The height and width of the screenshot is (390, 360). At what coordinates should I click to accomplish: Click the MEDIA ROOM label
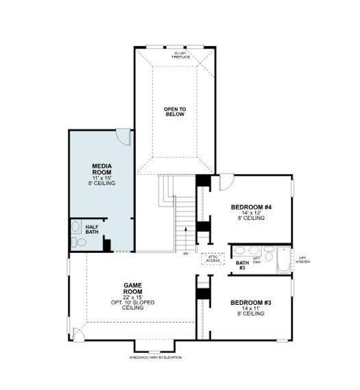(x=102, y=170)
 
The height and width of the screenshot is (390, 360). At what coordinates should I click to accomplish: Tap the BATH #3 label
(x=241, y=265)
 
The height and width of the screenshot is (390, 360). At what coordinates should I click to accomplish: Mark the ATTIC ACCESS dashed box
(x=213, y=258)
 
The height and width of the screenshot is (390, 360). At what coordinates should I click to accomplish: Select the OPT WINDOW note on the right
(x=303, y=259)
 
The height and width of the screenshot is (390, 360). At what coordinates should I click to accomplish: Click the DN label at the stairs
(x=185, y=253)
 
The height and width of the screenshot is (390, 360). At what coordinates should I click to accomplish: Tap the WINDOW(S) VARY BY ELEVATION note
(x=156, y=358)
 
